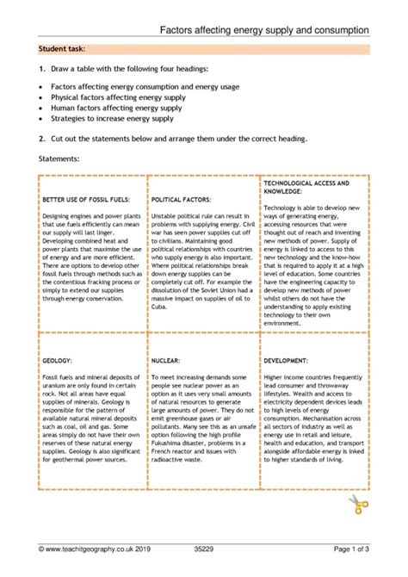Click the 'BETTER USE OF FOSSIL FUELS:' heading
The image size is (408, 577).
pyautogui.click(x=86, y=199)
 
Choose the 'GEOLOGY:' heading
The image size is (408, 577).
pyautogui.click(x=59, y=388)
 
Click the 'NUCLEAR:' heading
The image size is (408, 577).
pyautogui.click(x=166, y=388)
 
